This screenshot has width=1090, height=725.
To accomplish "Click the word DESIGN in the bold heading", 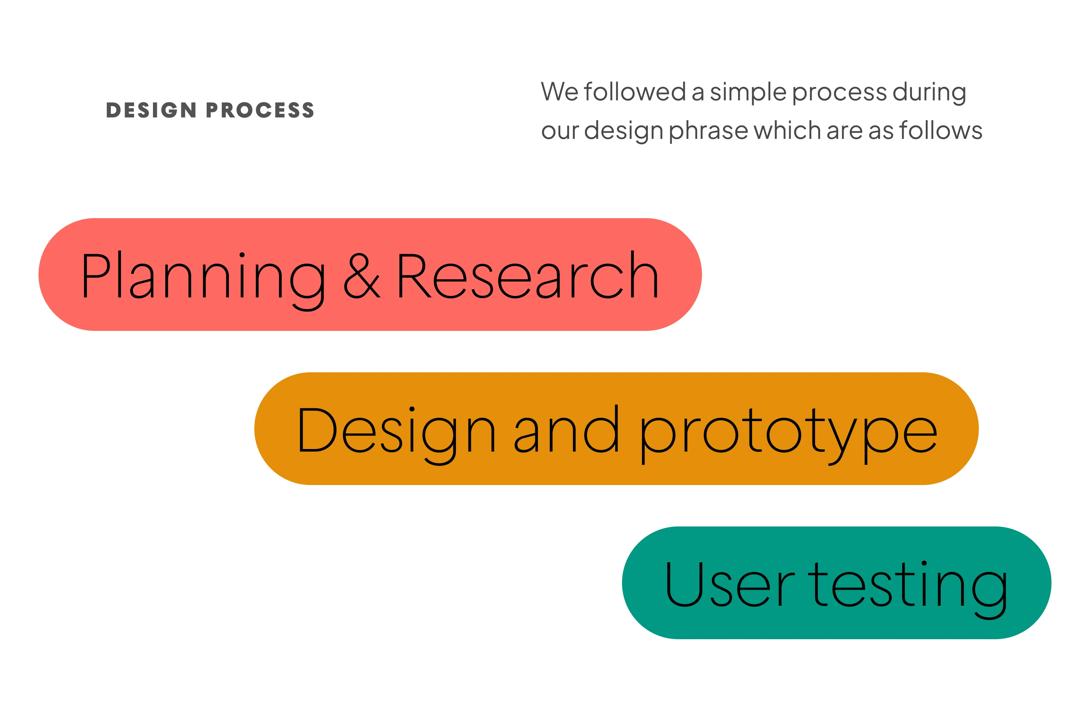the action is click(x=151, y=110).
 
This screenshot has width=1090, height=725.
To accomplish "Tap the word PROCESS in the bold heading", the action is click(x=260, y=110).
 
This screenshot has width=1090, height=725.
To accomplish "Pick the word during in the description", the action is click(x=929, y=92).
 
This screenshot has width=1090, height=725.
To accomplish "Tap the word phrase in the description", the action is click(x=708, y=132).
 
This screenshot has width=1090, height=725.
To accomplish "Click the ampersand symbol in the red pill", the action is click(x=362, y=276).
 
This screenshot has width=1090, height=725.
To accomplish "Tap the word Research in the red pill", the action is click(x=527, y=275).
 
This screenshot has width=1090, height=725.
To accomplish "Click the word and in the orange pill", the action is click(x=566, y=429).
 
